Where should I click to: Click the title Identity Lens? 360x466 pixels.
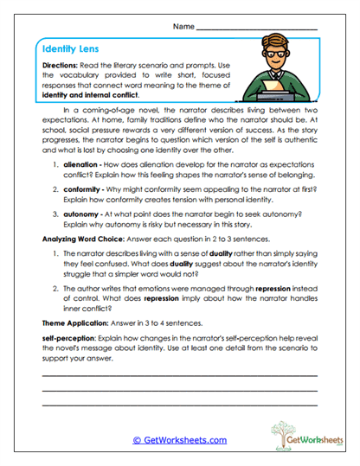[x=67, y=51]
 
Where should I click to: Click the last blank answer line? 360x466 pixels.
[x=179, y=405]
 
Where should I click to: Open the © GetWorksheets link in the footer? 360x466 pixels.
[x=179, y=440]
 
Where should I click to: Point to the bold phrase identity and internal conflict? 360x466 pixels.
[x=90, y=97]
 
